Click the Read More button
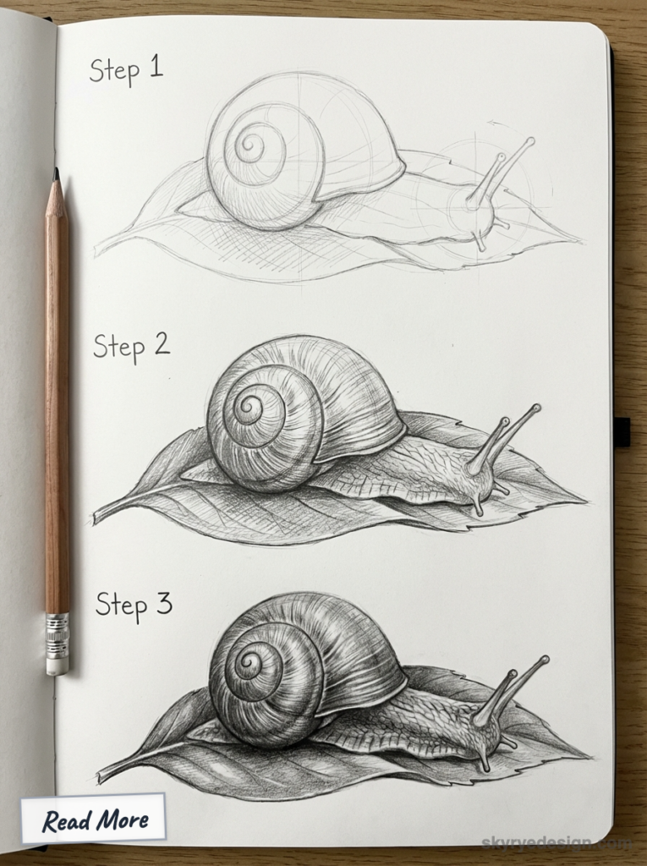94,819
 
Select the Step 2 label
131,346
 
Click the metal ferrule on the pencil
57,634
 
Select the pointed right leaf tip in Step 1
580,240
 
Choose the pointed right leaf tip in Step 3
588,755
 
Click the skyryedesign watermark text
556,843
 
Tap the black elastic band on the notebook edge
622,431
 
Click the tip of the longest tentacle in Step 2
537,408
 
